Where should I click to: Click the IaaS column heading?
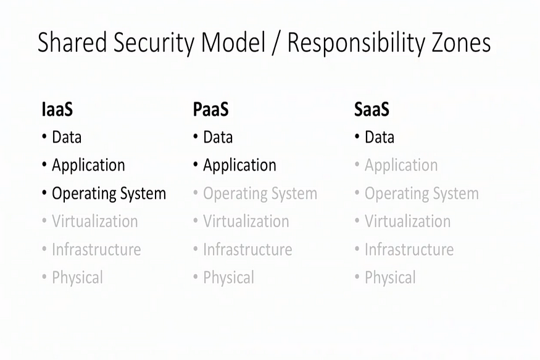(57, 109)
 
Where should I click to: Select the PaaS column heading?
(211, 109)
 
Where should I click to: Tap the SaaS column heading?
(372, 109)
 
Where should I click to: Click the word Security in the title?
(154, 43)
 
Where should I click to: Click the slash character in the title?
(275, 43)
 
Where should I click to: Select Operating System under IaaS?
(109, 193)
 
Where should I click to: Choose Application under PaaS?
(239, 165)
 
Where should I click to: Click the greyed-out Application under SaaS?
(401, 165)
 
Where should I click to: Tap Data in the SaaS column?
(380, 137)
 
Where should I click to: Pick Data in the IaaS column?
(67, 137)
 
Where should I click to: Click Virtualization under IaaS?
(95, 221)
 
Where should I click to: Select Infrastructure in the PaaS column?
(247, 249)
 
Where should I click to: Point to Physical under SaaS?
(390, 278)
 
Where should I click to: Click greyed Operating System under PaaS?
(260, 193)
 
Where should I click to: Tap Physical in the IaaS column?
(78, 278)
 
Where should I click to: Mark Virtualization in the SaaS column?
(408, 221)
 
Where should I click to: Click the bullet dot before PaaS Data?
(196, 136)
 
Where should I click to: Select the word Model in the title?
(233, 43)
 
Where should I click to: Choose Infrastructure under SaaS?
(409, 249)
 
